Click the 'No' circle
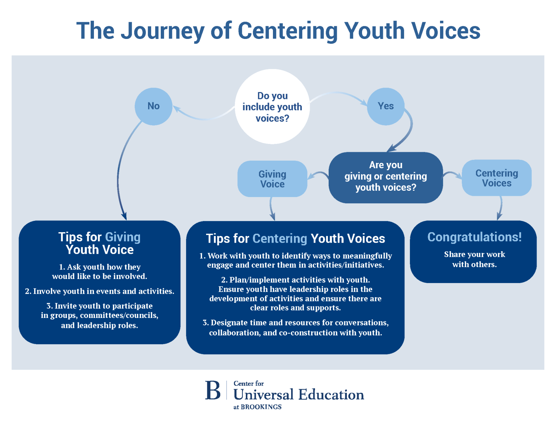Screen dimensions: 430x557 pyautogui.click(x=153, y=106)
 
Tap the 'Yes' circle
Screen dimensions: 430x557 pyautogui.click(x=385, y=106)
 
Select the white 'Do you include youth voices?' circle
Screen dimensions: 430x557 pyautogui.click(x=272, y=107)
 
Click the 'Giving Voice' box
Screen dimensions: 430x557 pyautogui.click(x=272, y=179)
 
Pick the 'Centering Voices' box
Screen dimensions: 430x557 pyautogui.click(x=496, y=178)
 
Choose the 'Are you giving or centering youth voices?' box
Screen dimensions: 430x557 pyautogui.click(x=385, y=177)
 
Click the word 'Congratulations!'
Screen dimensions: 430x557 pyautogui.click(x=474, y=237)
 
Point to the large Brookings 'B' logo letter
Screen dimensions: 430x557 pyautogui.click(x=213, y=390)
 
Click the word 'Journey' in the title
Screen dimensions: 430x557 pyautogui.click(x=162, y=31)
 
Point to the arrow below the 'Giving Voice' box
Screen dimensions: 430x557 pyautogui.click(x=272, y=210)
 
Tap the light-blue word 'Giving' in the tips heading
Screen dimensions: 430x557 pyautogui.click(x=123, y=237)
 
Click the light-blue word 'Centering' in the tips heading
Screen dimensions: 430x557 pyautogui.click(x=280, y=239)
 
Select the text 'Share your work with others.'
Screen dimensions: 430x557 pyautogui.click(x=474, y=259)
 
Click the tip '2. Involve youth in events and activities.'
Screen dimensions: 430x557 pyautogui.click(x=100, y=291)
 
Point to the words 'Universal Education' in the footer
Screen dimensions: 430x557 pyautogui.click(x=299, y=395)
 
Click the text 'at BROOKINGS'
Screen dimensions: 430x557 pyautogui.click(x=257, y=407)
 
